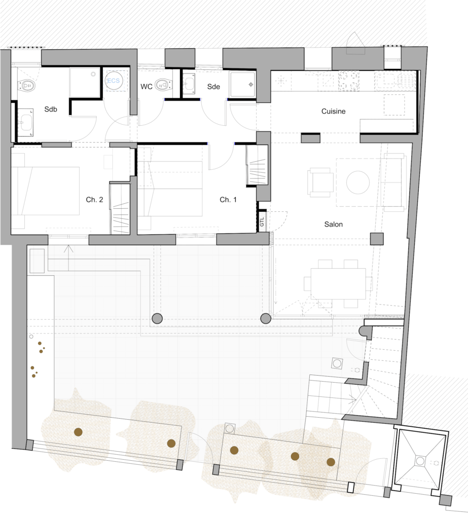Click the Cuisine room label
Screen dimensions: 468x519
333,111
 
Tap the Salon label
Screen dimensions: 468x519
333,225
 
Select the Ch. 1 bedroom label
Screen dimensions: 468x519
228,200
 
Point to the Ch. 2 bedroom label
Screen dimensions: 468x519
94,200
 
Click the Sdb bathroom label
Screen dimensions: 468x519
51,109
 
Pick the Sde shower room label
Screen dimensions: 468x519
213,87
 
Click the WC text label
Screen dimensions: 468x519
147,87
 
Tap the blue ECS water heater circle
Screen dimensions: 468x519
114,81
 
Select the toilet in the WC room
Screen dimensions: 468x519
163,85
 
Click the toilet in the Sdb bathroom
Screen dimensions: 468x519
26,85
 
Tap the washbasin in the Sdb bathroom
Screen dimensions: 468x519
25,123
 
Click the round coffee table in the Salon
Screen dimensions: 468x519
357,182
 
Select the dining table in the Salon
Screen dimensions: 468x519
338,284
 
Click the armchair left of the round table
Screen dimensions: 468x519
320,182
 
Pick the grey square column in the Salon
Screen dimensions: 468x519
377,239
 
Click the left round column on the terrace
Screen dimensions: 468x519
157,319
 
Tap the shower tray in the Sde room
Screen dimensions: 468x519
243,85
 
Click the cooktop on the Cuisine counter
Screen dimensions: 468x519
348,81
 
